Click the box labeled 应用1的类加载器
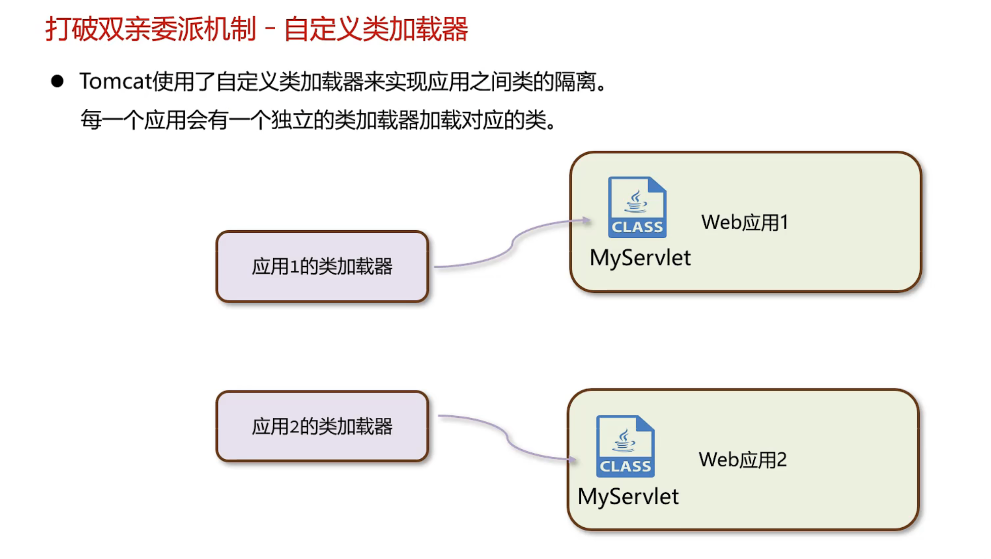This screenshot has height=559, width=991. (x=322, y=267)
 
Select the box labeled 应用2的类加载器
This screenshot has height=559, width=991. (x=322, y=426)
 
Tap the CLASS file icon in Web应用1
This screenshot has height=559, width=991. (x=637, y=207)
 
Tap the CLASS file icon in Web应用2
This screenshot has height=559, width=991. (x=625, y=447)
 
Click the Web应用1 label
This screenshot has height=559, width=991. (x=745, y=223)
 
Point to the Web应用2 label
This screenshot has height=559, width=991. (x=742, y=460)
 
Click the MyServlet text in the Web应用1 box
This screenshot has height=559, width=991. (x=640, y=258)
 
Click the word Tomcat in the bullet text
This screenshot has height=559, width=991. (x=116, y=82)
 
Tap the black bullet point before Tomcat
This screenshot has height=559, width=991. (x=57, y=81)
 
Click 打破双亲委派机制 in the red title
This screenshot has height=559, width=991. (x=151, y=29)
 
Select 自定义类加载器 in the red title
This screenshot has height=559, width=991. (x=376, y=29)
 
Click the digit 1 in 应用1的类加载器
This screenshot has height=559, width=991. (x=295, y=267)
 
